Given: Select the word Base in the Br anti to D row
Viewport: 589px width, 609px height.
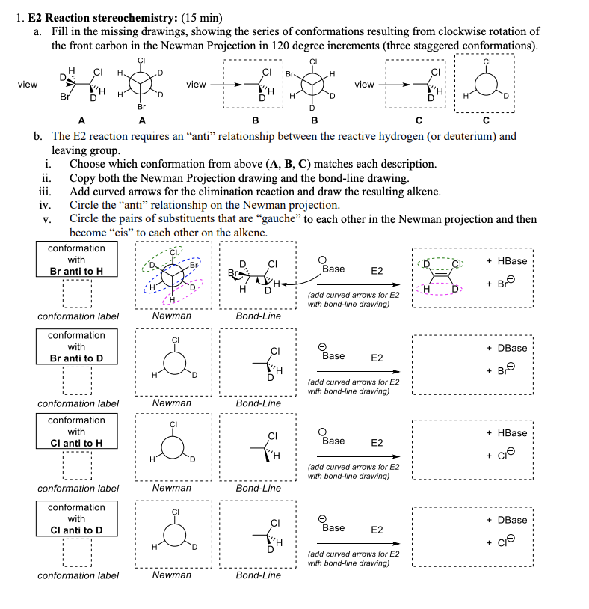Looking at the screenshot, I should [333, 356].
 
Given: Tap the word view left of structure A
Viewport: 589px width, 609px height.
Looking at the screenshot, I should [28, 85].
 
